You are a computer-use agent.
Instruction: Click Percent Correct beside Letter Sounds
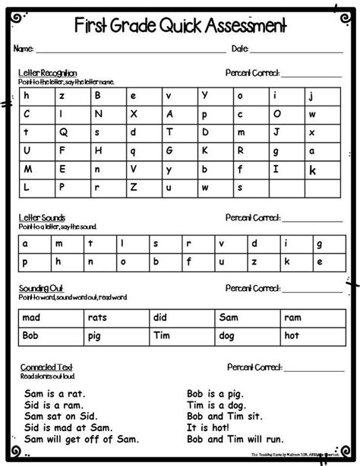click(253, 217)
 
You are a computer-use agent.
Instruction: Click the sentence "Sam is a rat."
click(55, 394)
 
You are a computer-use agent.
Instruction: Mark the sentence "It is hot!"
click(211, 428)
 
